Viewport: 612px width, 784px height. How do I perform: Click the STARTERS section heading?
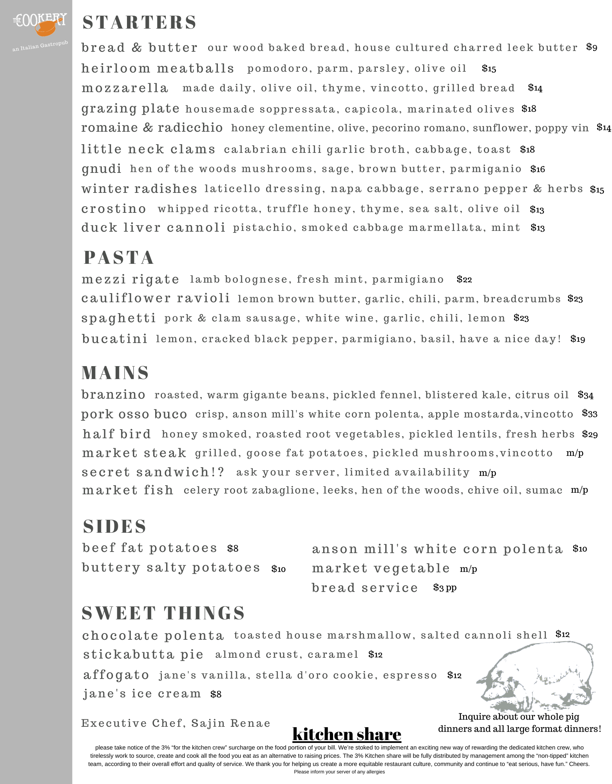[139, 22]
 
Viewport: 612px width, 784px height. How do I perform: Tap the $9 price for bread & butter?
[592, 47]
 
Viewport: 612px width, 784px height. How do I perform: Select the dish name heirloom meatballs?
[158, 69]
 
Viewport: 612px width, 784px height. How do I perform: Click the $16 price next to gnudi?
[538, 169]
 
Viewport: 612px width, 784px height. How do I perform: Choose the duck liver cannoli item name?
[153, 228]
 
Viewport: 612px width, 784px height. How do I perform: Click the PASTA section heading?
[119, 258]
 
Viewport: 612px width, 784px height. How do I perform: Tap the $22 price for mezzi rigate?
[464, 279]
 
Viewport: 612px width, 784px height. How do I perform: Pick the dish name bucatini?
[114, 339]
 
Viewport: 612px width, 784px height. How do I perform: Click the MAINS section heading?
[115, 372]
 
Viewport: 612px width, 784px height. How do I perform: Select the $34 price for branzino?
[585, 395]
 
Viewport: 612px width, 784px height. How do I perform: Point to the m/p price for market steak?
[575, 453]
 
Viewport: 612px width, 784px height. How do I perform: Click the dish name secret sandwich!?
[153, 472]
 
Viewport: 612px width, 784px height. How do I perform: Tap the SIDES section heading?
[114, 526]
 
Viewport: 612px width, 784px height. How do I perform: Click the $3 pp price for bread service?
[445, 587]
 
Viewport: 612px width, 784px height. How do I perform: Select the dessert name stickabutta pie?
[143, 654]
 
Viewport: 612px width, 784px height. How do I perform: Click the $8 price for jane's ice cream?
[216, 694]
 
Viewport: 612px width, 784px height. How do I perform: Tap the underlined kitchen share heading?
[347, 734]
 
